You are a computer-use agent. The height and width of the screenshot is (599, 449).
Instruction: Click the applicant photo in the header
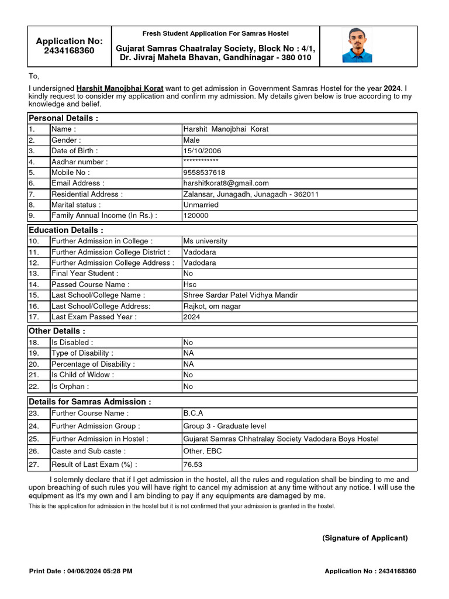357,45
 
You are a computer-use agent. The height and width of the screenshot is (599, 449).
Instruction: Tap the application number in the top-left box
69,51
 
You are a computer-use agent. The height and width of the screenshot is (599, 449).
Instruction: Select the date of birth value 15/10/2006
202,151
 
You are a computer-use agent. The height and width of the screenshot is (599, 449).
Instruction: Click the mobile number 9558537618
204,173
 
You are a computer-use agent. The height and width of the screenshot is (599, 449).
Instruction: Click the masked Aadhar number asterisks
201,161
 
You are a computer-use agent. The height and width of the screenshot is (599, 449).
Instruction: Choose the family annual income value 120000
196,215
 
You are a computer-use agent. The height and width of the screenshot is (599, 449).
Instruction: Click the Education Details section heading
66,230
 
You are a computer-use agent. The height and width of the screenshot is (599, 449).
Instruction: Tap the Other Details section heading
57,331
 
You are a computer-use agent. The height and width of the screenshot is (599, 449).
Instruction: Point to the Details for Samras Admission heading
90,402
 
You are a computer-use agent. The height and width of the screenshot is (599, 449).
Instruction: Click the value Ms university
205,241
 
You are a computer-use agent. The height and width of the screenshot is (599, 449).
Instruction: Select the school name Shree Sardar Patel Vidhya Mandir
240,295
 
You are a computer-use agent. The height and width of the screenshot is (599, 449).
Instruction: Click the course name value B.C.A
192,413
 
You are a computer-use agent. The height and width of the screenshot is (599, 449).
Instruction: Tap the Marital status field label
76,205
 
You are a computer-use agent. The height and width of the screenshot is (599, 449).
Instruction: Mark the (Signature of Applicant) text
365,538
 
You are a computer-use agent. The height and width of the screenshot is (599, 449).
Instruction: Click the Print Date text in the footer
81,570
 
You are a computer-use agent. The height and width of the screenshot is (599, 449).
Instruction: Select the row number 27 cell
33,464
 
